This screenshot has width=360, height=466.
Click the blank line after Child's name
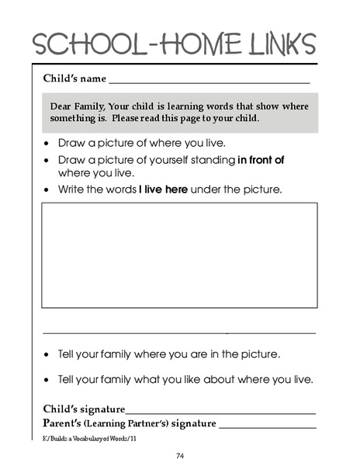209,81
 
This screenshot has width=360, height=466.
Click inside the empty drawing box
179,255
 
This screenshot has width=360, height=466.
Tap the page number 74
179,455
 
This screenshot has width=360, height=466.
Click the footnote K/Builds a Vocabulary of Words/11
89,439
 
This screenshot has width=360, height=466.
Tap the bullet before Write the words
49,190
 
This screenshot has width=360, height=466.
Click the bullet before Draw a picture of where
49,144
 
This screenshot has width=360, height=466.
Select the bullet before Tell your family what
49,381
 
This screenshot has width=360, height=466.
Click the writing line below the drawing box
179,333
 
